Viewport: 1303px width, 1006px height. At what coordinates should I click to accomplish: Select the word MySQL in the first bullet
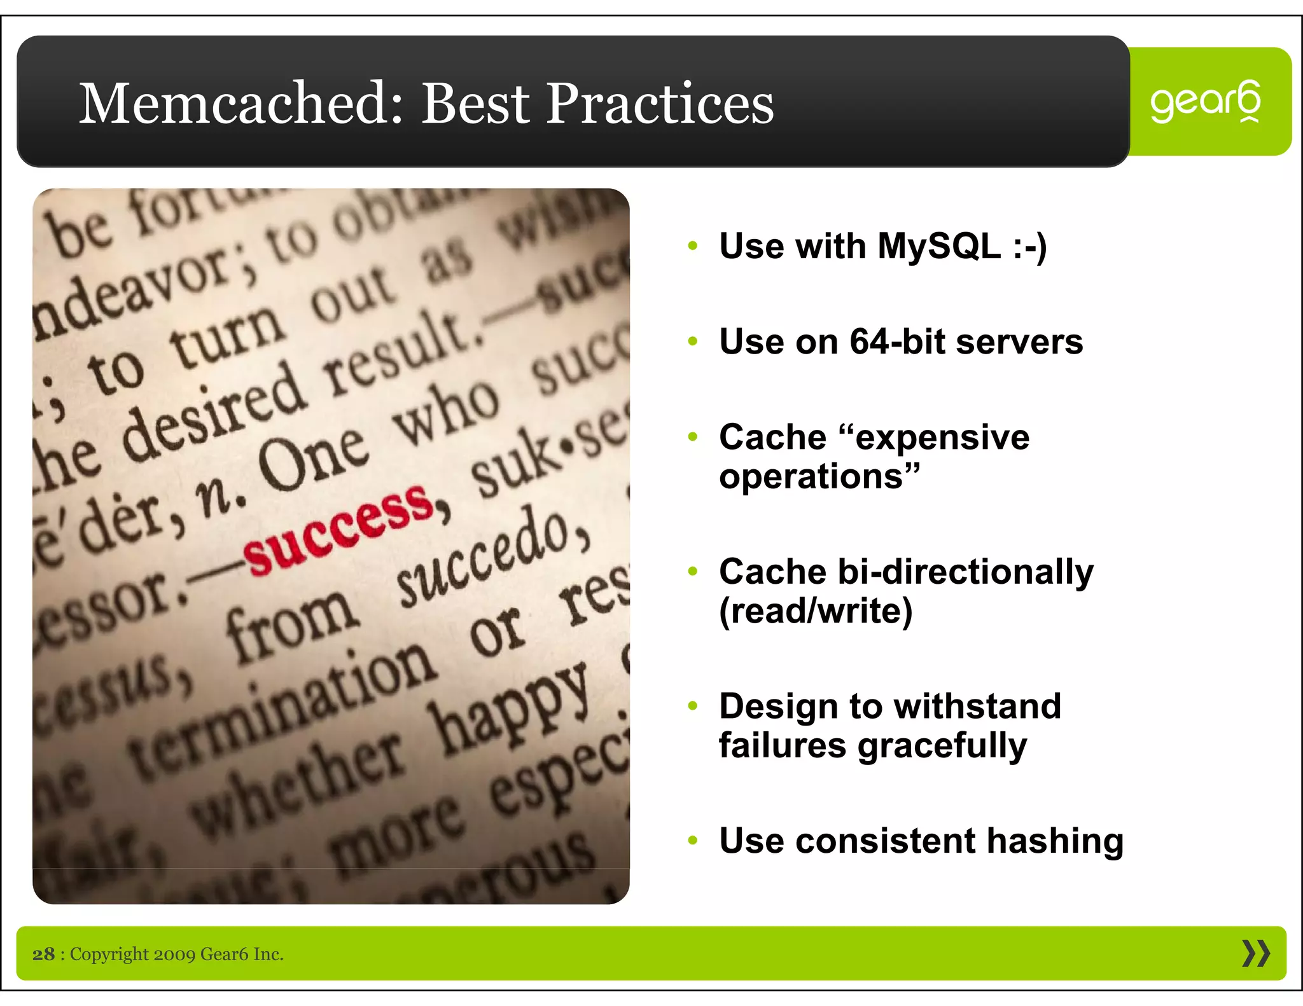[939, 246]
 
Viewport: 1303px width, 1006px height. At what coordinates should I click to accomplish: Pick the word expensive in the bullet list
[942, 438]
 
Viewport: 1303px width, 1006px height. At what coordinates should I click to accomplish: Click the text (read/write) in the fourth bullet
[816, 611]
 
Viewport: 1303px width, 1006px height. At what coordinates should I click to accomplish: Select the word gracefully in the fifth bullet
[942, 746]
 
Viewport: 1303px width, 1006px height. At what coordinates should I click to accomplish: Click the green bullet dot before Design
[693, 706]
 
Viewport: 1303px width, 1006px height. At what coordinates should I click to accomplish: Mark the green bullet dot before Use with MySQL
[693, 246]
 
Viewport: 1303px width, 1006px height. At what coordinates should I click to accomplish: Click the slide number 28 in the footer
[43, 954]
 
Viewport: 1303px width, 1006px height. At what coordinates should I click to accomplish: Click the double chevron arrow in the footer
[1256, 953]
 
